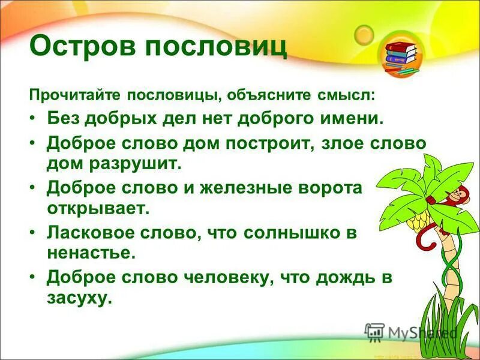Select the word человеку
pyautogui.click(x=229, y=277)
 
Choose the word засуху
pyautogui.click(x=80, y=297)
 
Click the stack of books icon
pyautogui.click(x=401, y=56)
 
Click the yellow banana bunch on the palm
pyautogui.click(x=418, y=221)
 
